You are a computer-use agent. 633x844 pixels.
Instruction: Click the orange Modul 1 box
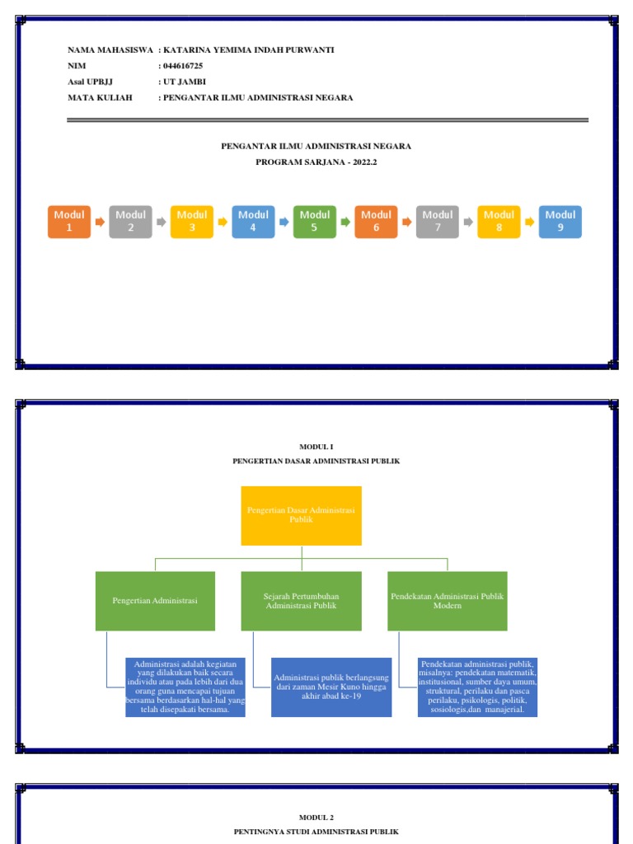[x=69, y=222]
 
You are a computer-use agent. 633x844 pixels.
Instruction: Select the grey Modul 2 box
[x=130, y=222]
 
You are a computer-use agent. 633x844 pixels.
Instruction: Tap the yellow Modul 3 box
[x=192, y=222]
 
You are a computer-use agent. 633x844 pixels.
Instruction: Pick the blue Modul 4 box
[x=253, y=222]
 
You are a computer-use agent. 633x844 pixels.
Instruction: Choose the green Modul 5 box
[x=314, y=222]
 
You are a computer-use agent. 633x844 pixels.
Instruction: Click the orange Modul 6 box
[x=376, y=222]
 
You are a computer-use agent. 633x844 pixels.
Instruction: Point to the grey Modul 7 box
[x=437, y=222]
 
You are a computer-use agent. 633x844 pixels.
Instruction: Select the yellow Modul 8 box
[x=499, y=222]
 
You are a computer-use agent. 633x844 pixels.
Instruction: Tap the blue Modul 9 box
[x=560, y=222]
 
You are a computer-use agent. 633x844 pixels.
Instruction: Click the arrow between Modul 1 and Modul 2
[x=100, y=222]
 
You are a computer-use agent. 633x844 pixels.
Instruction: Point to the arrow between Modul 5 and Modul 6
[x=345, y=222]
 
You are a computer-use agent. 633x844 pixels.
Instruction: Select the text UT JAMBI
[x=185, y=82]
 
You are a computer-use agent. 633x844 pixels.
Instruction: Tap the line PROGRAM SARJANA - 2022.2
[x=316, y=162]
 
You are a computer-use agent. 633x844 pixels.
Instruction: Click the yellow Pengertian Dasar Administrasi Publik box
[x=301, y=515]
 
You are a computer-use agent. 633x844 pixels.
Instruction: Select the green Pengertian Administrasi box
[x=155, y=601]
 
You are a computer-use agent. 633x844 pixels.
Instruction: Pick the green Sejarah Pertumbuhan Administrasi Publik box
[x=301, y=601]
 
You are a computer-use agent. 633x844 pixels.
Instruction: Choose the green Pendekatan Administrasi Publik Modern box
[x=447, y=601]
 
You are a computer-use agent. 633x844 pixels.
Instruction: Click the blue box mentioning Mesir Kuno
[x=331, y=687]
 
